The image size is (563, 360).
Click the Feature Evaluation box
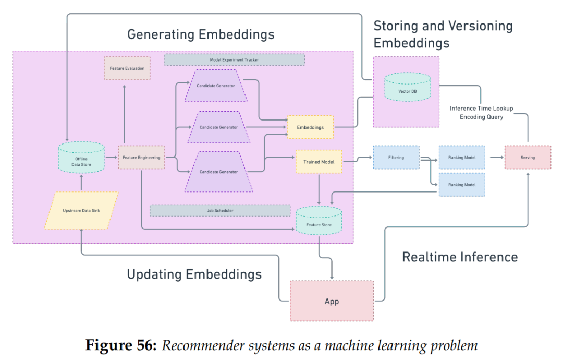(127, 68)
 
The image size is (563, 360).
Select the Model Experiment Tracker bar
(234, 60)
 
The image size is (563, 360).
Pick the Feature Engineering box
(141, 157)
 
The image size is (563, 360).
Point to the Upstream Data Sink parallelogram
(81, 210)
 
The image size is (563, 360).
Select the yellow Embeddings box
(310, 127)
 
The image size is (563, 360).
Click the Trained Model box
(319, 162)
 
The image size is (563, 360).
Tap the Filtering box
(396, 157)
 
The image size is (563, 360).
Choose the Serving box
(528, 157)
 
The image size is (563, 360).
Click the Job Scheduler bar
(220, 211)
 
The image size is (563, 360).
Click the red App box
(332, 301)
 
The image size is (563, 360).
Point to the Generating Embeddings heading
(201, 35)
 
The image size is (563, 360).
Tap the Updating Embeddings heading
(194, 274)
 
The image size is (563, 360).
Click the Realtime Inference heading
(460, 257)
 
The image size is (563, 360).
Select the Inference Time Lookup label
(481, 109)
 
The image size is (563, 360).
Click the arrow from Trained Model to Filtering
(357, 161)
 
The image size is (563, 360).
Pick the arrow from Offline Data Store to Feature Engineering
(111, 157)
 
